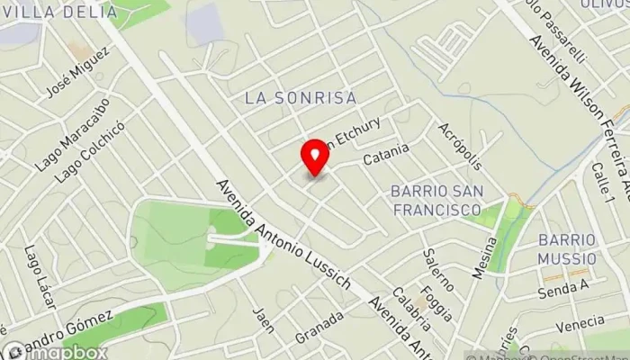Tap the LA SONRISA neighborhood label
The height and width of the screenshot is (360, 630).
pyautogui.click(x=301, y=96)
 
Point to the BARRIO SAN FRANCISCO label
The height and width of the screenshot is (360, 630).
pyautogui.click(x=436, y=200)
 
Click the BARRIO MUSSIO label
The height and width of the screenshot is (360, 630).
pyautogui.click(x=567, y=248)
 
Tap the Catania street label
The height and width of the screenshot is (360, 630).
pyautogui.click(x=386, y=154)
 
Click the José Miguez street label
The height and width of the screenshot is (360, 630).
pyautogui.click(x=70, y=80)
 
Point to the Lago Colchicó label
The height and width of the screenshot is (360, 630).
pyautogui.click(x=81, y=153)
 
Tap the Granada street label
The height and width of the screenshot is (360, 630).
pyautogui.click(x=324, y=322)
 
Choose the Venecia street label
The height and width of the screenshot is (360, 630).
pyautogui.click(x=580, y=322)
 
